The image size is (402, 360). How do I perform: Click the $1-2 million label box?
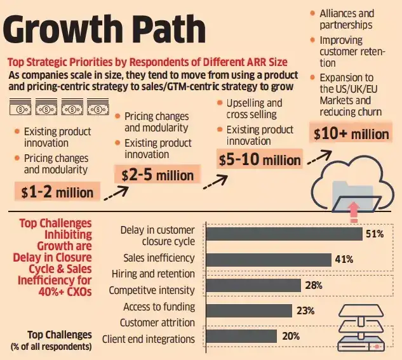57,190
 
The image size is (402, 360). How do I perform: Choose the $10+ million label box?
351,134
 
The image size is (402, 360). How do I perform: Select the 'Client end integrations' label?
148,338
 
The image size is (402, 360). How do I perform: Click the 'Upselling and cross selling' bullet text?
254,109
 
